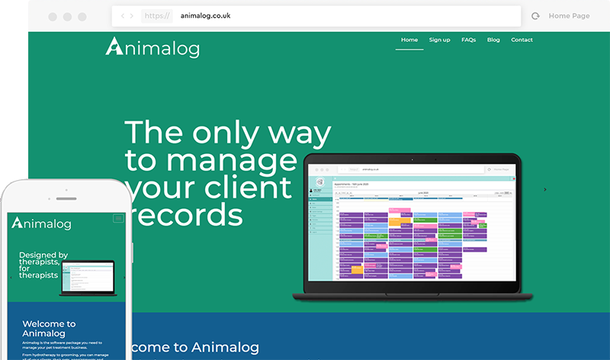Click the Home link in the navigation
tap(409, 40)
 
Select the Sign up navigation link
tap(439, 40)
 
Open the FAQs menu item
tap(468, 40)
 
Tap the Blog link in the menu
tap(493, 40)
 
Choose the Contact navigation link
tap(522, 40)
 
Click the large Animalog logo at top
tap(152, 47)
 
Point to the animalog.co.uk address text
tap(205, 15)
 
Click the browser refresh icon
tap(535, 16)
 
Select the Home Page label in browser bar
tap(569, 16)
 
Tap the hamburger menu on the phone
tap(118, 218)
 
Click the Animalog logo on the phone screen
tap(42, 223)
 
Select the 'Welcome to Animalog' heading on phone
tap(49, 329)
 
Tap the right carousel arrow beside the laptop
tap(544, 189)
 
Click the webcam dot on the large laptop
tap(413, 160)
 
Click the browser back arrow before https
tap(124, 16)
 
